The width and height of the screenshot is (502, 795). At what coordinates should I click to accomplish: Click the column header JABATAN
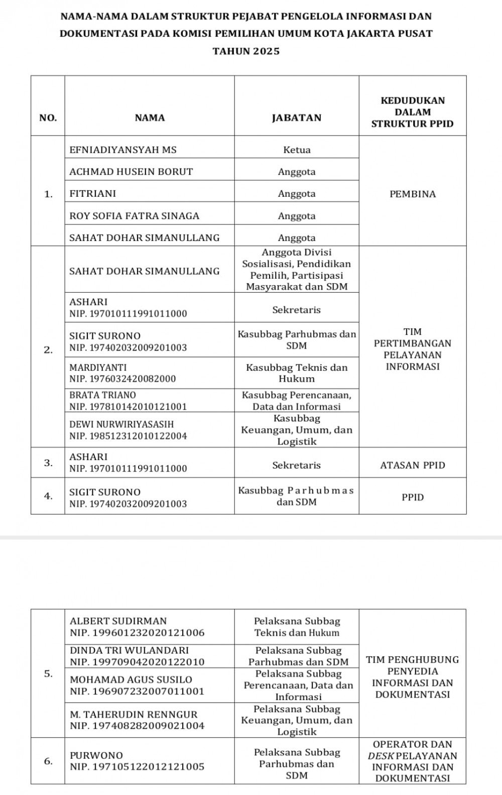[296, 118]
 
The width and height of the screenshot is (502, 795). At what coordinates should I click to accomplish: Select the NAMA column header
[150, 118]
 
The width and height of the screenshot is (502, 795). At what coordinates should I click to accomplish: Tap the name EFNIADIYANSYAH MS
[123, 150]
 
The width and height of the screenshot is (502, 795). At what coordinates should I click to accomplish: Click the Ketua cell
[297, 150]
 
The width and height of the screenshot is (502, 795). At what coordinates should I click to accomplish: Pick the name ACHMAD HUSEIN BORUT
[131, 172]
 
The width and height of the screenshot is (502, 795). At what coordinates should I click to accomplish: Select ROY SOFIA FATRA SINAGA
[135, 216]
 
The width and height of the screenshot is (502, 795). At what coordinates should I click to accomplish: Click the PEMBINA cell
[413, 194]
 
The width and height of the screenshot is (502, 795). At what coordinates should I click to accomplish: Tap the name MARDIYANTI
[98, 368]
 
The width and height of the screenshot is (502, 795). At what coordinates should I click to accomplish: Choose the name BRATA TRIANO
[102, 395]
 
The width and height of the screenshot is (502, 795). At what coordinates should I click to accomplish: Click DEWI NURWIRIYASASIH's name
[121, 424]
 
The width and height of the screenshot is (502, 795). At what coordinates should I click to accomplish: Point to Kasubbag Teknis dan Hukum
[297, 373]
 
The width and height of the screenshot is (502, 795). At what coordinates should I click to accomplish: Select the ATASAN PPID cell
[413, 465]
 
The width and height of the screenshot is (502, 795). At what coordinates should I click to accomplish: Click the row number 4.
[48, 496]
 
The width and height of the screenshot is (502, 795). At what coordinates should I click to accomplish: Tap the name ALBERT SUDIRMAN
[118, 621]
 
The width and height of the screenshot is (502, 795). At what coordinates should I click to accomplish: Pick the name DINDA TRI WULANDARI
[129, 650]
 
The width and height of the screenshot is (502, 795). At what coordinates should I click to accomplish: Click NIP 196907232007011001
[137, 691]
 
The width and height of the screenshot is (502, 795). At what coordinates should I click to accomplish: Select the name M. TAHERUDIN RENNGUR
[134, 714]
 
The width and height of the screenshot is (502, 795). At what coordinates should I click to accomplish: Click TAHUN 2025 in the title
[246, 51]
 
